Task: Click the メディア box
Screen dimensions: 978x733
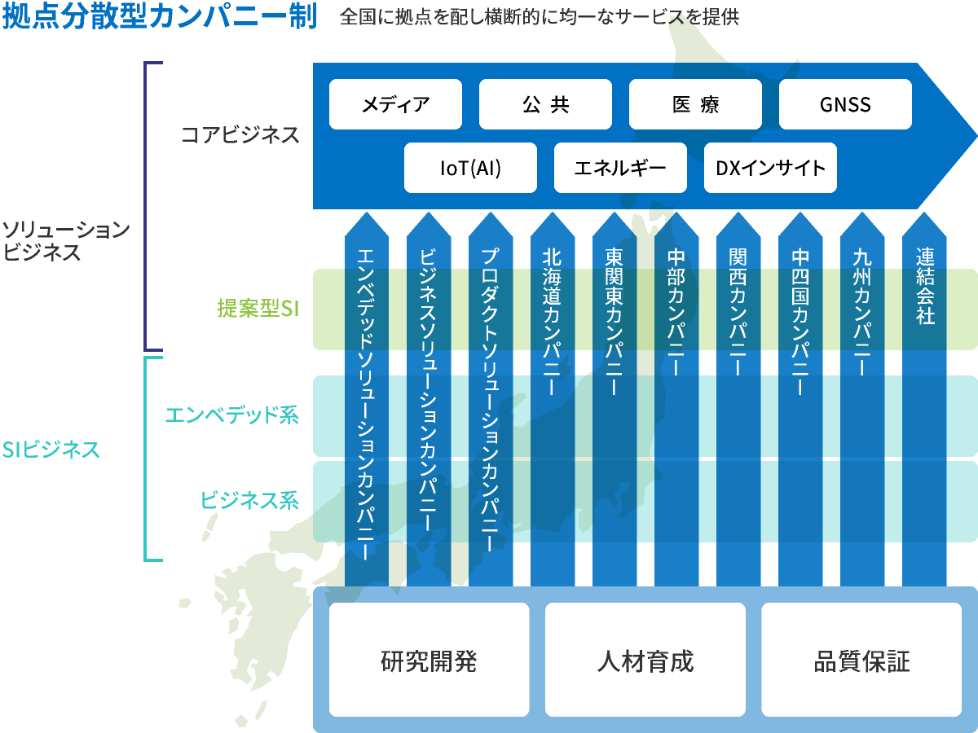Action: click(x=395, y=104)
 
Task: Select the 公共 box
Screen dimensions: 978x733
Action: click(x=545, y=104)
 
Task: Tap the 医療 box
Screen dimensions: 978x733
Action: click(x=695, y=104)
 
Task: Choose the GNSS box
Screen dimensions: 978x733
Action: click(x=845, y=104)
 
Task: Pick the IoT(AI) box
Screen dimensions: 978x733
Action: click(x=470, y=168)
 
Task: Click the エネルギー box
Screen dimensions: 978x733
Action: click(x=620, y=168)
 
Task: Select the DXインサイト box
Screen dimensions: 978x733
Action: click(x=770, y=168)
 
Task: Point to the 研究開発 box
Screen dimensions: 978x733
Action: click(x=429, y=660)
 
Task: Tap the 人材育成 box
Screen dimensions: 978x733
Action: click(x=645, y=660)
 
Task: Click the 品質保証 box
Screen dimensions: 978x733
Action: click(x=861, y=660)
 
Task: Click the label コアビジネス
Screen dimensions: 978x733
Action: click(x=240, y=134)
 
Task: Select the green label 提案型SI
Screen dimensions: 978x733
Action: click(x=258, y=308)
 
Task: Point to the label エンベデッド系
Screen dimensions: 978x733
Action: click(x=232, y=415)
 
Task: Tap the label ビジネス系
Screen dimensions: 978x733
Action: click(x=249, y=500)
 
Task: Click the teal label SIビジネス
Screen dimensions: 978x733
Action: click(x=51, y=450)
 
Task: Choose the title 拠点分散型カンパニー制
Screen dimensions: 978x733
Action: click(x=160, y=16)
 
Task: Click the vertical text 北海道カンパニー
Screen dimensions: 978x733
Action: click(x=552, y=322)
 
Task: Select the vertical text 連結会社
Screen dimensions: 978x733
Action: click(x=925, y=286)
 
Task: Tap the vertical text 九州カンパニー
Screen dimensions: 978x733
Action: click(x=862, y=312)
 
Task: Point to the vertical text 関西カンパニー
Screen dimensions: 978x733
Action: click(x=738, y=312)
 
